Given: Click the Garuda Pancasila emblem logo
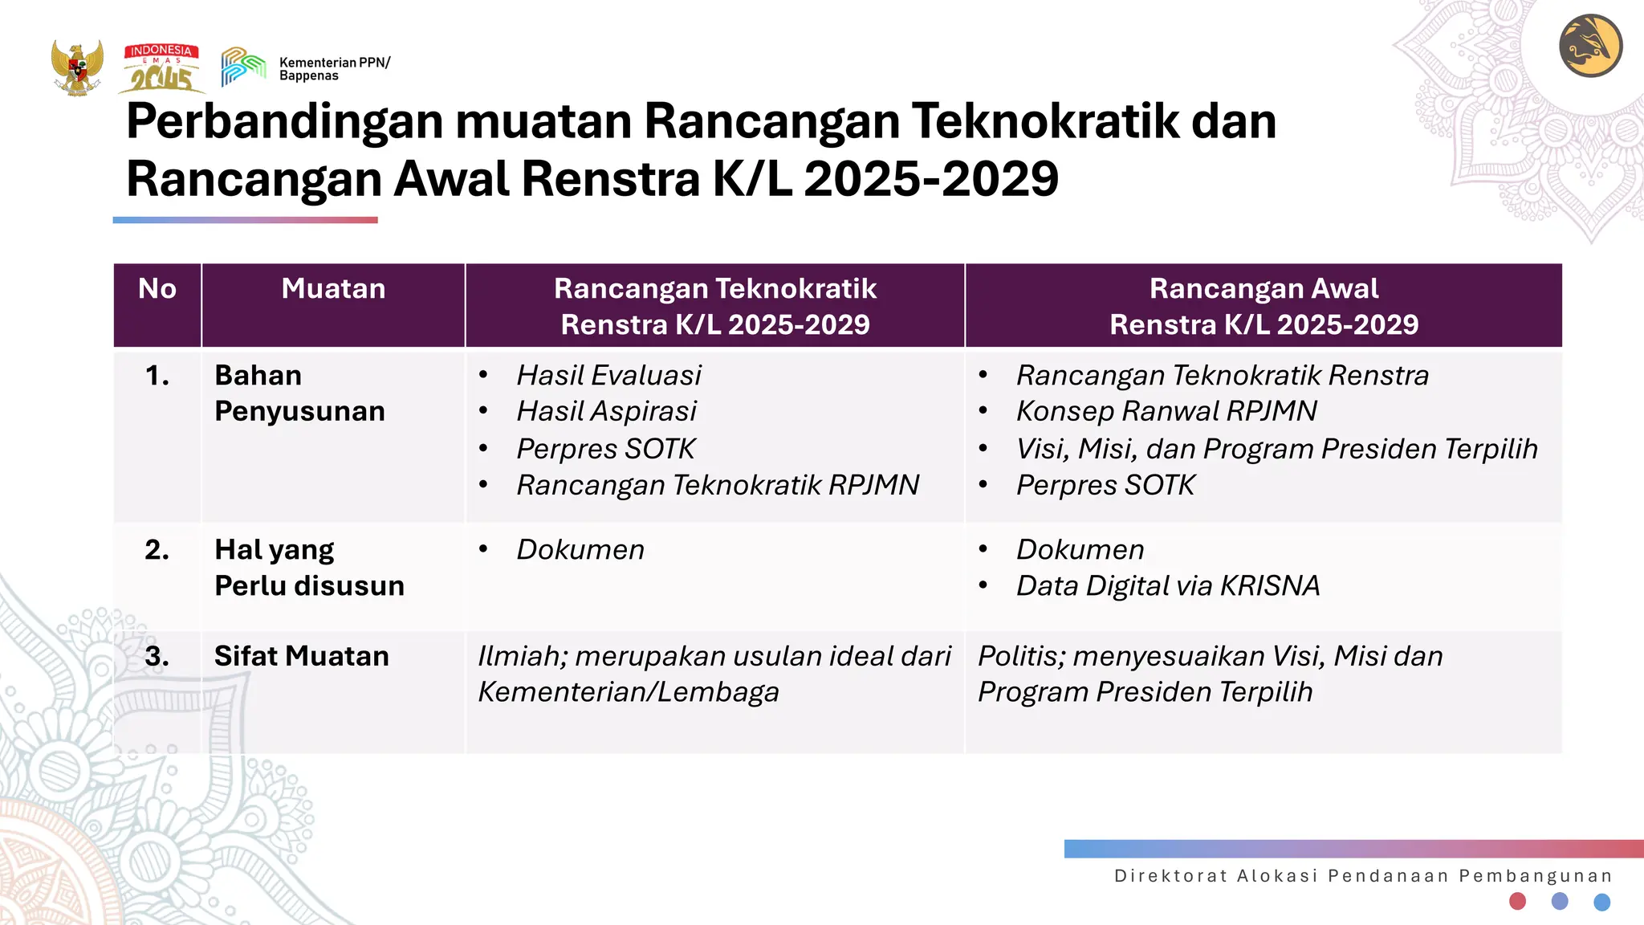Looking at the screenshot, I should coord(77,67).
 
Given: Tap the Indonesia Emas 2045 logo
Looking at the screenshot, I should coord(161,68).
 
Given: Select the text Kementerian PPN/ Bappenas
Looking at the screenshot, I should coord(334,69).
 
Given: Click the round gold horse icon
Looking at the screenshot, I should coord(1590,46).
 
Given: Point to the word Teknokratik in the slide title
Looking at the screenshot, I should coord(1044,121).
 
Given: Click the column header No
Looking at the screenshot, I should coord(157,289).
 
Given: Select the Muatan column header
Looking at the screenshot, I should coord(333,289).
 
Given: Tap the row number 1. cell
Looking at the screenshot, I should coord(157,376).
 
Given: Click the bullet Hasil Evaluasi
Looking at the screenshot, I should coord(608,375).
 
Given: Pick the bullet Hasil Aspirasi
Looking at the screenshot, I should coord(606,411).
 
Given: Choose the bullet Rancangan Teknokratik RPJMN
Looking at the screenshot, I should coord(718,485).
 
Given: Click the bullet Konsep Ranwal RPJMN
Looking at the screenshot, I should coord(1166,411).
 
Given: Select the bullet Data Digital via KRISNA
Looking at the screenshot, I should coord(1167,586).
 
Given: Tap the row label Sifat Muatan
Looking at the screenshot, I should coord(301,657).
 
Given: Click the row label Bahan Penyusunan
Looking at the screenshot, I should coord(299,393).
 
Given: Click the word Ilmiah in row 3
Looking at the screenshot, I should coord(522,657).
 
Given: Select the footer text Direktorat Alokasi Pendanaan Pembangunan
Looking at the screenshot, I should coord(1363,876).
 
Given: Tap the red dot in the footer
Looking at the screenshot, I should coord(1517,901).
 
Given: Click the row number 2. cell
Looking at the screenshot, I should coord(157,550).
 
